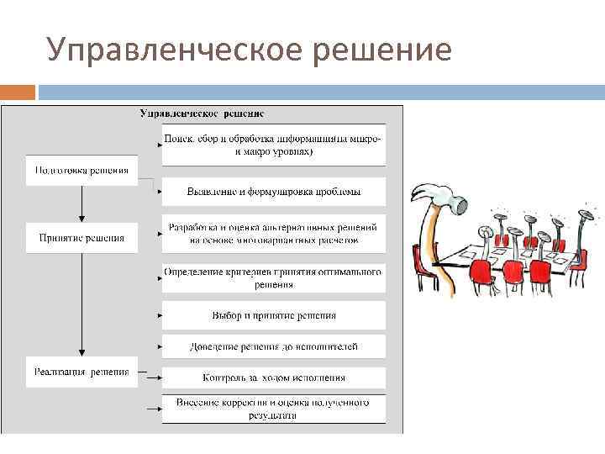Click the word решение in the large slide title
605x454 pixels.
(x=386, y=50)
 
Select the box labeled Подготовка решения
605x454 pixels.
(x=82, y=171)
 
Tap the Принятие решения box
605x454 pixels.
(x=82, y=238)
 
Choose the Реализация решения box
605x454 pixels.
(x=82, y=372)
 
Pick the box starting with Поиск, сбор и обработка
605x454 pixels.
(x=274, y=145)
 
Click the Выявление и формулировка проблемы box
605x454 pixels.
(x=274, y=192)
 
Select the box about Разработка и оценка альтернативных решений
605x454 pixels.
(x=274, y=233)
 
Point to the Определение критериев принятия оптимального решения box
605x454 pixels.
(x=274, y=278)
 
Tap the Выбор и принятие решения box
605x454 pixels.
(x=274, y=315)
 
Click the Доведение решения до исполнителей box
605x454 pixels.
(x=274, y=346)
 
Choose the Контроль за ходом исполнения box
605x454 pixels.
(x=274, y=377)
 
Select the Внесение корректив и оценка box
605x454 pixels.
(x=274, y=409)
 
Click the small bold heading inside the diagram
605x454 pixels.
(x=202, y=113)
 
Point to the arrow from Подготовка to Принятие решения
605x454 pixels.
(x=82, y=202)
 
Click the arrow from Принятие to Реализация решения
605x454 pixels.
(x=82, y=303)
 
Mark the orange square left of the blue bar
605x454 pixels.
(x=18, y=91)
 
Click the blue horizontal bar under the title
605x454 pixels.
(x=319, y=91)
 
